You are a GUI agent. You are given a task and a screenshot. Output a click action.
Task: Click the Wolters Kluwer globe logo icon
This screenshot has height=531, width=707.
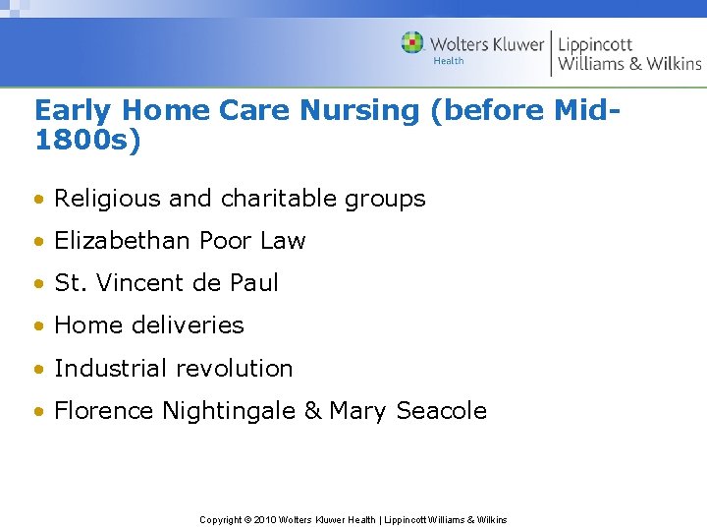click(412, 42)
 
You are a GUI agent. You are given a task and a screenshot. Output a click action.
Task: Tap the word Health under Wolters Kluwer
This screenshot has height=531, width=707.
click(449, 61)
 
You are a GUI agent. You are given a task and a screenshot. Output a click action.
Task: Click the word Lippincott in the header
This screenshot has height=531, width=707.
click(595, 44)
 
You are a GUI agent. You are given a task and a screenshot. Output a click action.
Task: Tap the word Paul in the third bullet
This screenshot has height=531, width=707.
click(256, 283)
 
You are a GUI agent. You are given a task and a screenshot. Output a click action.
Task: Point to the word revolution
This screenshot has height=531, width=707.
click(234, 369)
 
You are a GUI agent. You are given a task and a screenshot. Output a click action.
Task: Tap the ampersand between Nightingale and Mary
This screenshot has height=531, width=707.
click(312, 411)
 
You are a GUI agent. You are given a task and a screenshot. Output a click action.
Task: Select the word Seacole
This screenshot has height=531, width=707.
click(442, 411)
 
